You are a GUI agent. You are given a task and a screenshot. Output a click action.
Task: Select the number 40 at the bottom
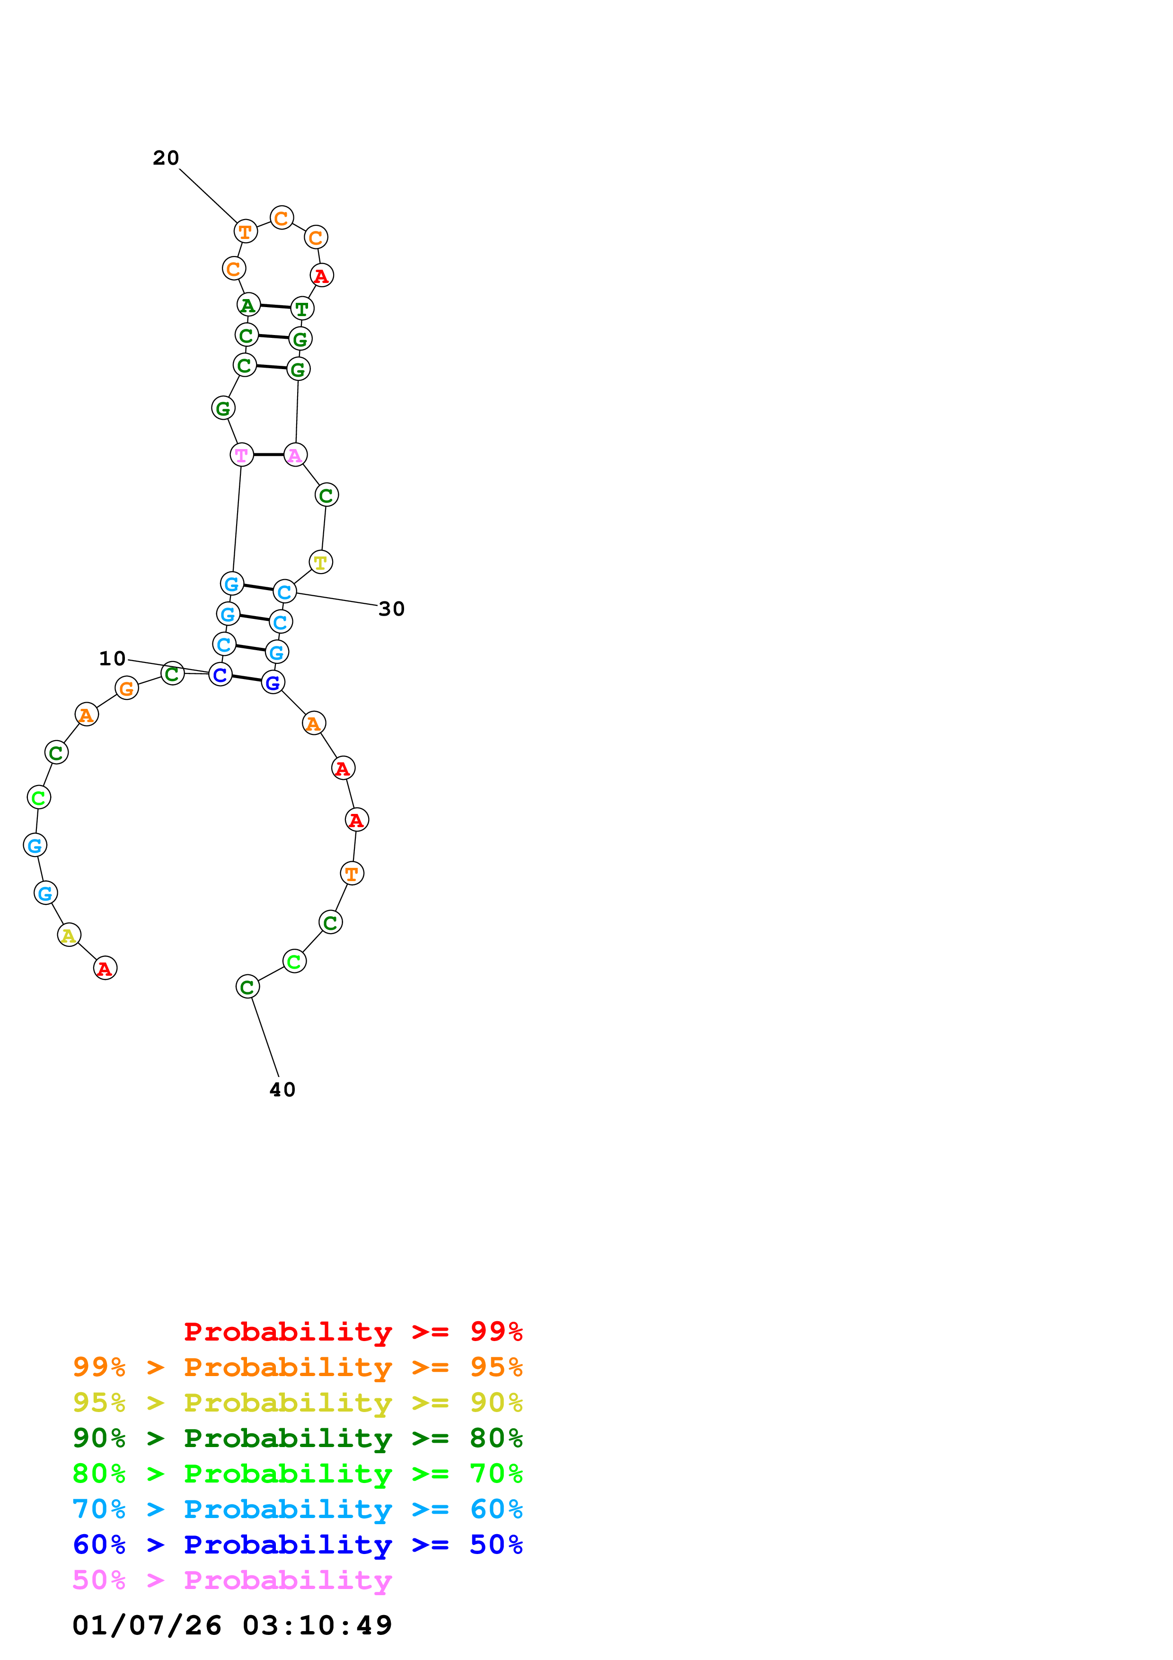[282, 1090]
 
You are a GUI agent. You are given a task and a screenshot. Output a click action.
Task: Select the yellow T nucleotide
[320, 562]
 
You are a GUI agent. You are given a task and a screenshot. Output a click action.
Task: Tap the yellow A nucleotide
[69, 936]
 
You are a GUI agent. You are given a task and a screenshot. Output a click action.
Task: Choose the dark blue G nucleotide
[273, 682]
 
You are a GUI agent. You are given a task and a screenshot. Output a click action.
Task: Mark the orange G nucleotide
[126, 689]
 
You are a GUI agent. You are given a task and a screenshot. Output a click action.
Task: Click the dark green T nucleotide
[302, 309]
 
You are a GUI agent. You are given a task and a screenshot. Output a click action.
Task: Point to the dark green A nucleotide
[248, 305]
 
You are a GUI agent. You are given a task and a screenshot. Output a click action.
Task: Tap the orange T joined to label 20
[246, 232]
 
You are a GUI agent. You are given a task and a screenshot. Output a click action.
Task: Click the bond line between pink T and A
[268, 455]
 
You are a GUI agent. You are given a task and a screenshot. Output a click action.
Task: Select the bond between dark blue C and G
[247, 678]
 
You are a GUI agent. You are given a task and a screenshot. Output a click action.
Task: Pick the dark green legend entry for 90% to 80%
[298, 1438]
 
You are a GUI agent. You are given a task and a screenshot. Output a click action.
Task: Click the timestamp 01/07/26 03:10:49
[232, 1626]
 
